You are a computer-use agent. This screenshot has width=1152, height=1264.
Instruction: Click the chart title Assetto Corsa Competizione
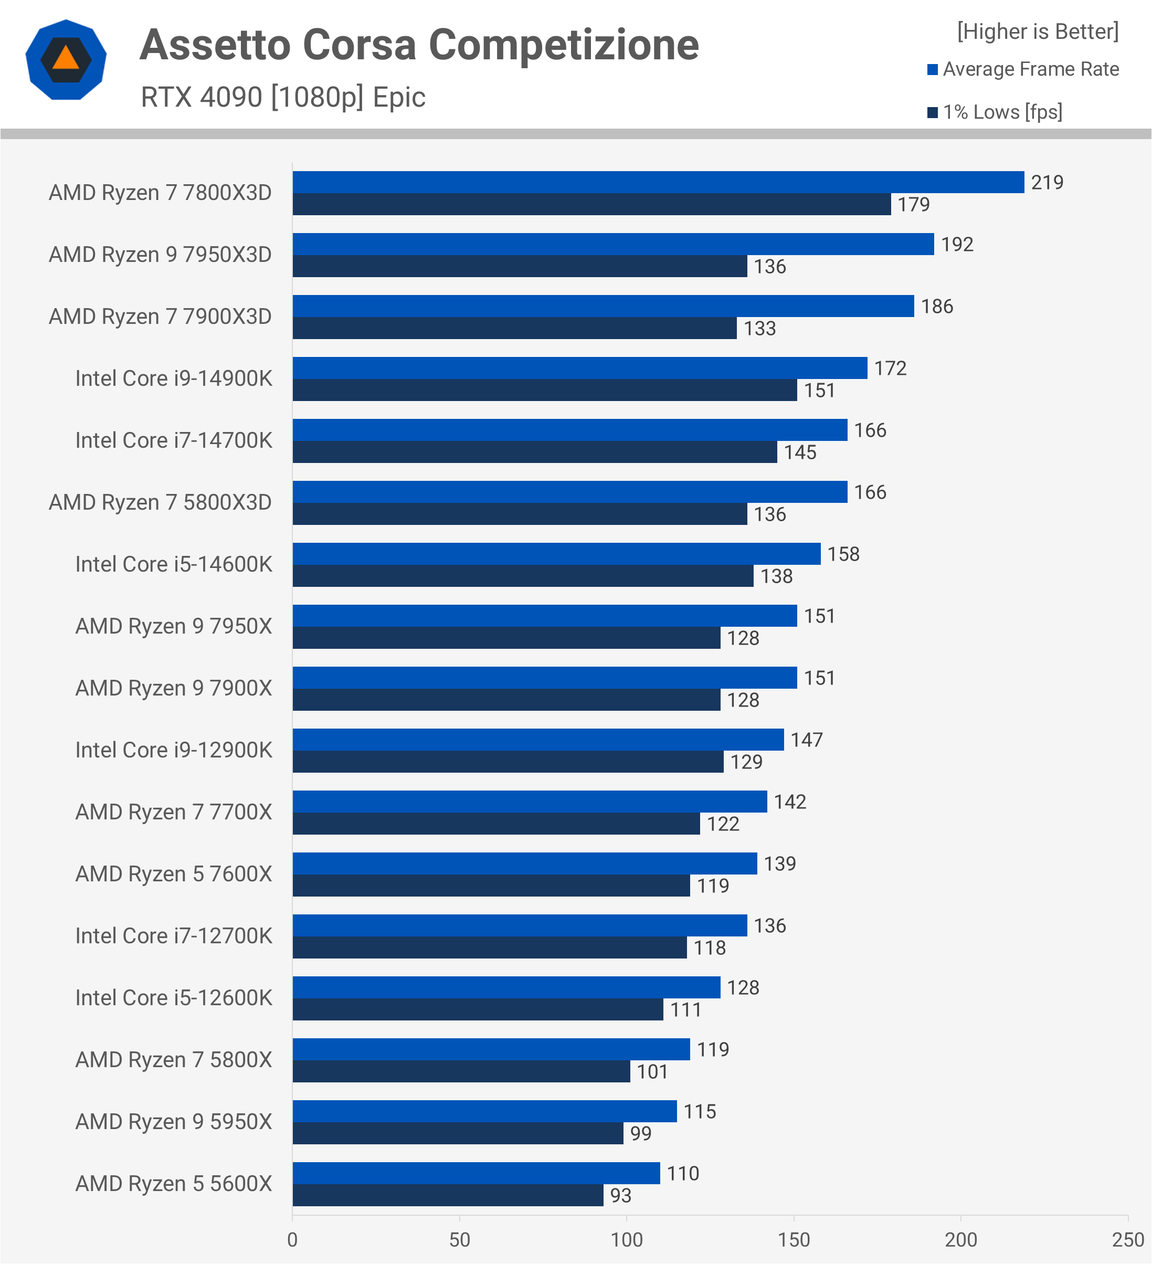click(419, 45)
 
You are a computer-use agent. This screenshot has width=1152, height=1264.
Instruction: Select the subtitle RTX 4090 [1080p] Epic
click(283, 97)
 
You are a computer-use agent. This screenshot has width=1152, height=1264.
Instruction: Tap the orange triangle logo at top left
click(66, 59)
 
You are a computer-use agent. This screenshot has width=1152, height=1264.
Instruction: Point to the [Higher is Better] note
click(1037, 31)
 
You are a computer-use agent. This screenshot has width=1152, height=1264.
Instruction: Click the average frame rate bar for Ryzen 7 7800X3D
click(658, 182)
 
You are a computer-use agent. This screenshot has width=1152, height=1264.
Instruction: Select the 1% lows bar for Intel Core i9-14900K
click(544, 390)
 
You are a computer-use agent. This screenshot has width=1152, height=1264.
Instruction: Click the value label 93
click(620, 1196)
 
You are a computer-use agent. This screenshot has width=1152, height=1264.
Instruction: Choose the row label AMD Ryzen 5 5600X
click(174, 1184)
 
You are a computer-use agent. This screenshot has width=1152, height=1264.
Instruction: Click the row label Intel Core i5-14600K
click(174, 564)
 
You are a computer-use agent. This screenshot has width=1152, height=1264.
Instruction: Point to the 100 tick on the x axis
click(627, 1239)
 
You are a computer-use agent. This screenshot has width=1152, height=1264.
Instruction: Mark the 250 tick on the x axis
click(1127, 1239)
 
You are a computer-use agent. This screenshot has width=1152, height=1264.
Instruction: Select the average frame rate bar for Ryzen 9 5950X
click(484, 1111)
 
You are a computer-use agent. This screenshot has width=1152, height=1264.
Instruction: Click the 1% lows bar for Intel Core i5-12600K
click(478, 1009)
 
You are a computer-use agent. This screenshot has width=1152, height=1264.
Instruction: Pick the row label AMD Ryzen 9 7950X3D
click(161, 255)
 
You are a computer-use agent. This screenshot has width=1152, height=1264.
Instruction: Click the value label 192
click(957, 245)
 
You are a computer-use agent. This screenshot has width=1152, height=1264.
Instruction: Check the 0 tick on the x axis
click(292, 1239)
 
